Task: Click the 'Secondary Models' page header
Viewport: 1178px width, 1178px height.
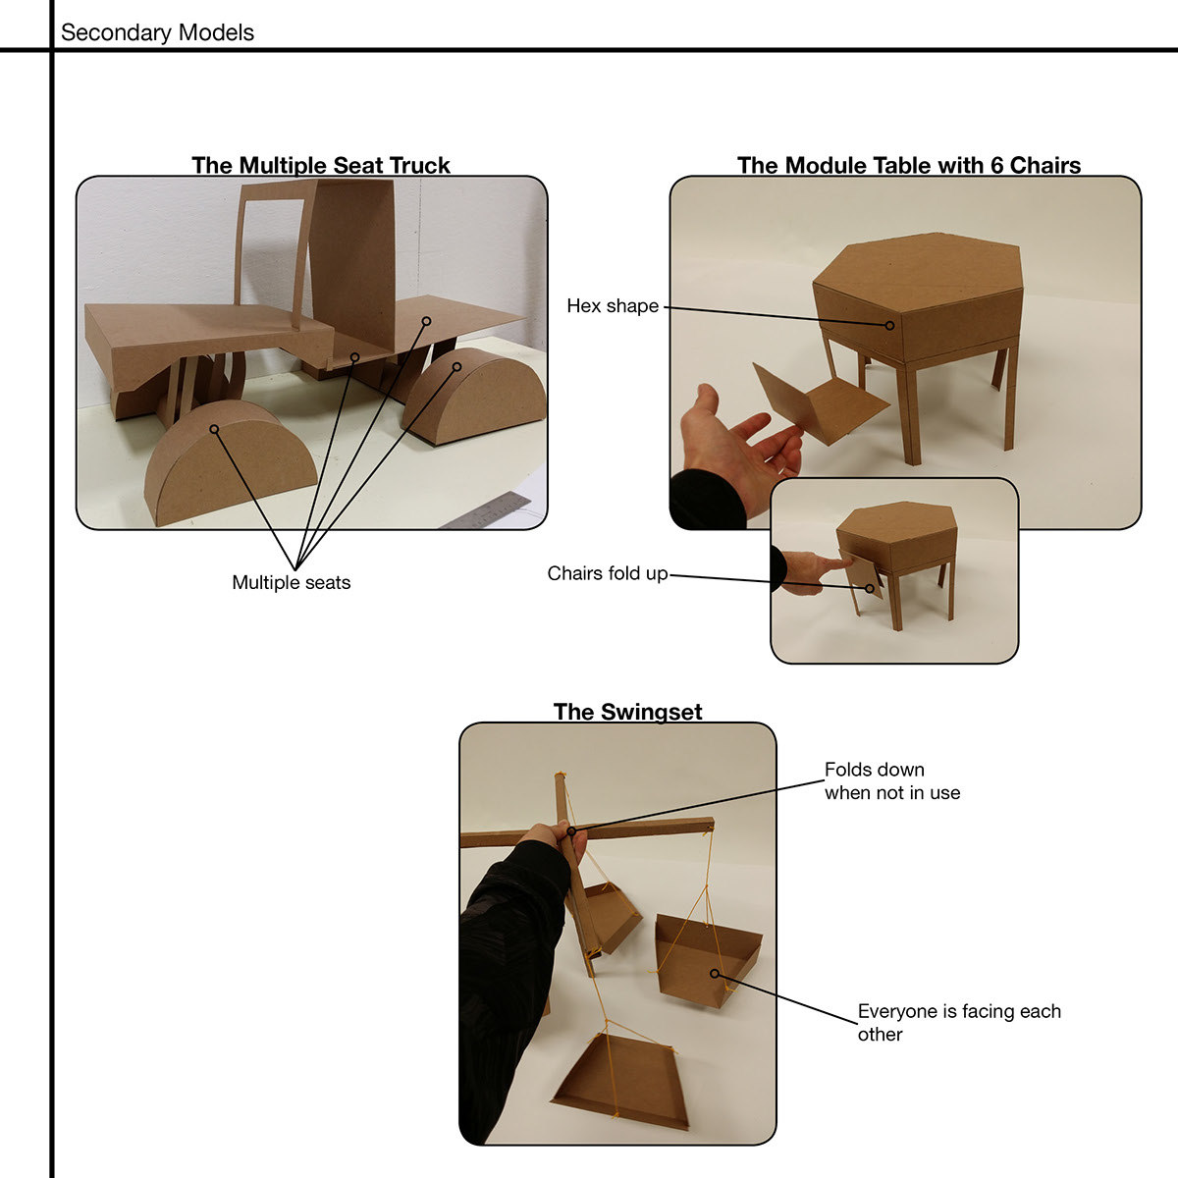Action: [x=157, y=32]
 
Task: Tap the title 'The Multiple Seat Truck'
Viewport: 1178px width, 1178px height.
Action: [x=320, y=165]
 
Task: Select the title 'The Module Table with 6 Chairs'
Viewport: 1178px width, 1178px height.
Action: [x=908, y=165]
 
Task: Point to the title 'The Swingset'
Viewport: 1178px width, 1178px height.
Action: [x=628, y=712]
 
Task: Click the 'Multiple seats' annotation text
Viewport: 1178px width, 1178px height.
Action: [x=291, y=582]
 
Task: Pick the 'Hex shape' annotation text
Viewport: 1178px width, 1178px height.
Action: [x=613, y=305]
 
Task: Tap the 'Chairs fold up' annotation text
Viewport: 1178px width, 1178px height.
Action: [x=607, y=573]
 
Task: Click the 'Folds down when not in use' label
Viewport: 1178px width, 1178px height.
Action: [x=892, y=780]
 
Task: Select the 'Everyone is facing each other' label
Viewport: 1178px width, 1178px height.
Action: [x=958, y=1022]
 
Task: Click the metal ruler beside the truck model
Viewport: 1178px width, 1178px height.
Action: [x=489, y=510]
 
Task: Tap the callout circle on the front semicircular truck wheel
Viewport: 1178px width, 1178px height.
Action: [x=214, y=429]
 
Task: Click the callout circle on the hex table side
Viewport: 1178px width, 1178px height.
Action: [x=889, y=325]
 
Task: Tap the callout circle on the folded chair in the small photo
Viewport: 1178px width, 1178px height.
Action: [x=870, y=589]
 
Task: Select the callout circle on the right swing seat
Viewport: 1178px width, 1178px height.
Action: [x=714, y=973]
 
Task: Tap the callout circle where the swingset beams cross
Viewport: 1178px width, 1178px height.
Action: [x=571, y=831]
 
